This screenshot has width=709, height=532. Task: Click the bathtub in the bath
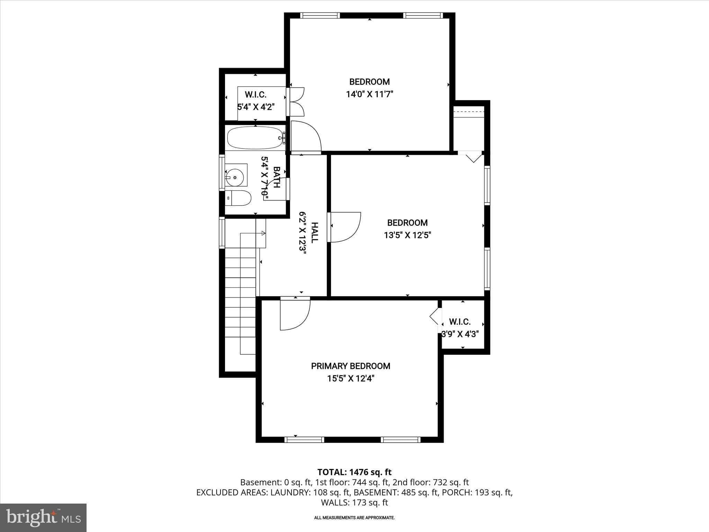tap(255, 138)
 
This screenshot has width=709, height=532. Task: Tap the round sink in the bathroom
tap(235, 177)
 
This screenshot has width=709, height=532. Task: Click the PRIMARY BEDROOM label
tap(350, 366)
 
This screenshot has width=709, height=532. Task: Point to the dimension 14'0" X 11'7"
tap(370, 94)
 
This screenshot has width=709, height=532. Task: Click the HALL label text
tap(314, 232)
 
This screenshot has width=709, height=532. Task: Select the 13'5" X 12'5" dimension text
tap(407, 236)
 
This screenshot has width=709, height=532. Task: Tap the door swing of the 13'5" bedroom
tap(346, 227)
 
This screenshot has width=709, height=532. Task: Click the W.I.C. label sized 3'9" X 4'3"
tap(460, 322)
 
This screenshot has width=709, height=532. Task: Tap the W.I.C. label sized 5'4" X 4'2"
tap(255, 95)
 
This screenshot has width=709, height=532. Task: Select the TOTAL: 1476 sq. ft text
tap(354, 472)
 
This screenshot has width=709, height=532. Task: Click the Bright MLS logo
tap(43, 517)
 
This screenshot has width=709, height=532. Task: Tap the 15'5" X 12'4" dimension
tap(351, 379)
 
